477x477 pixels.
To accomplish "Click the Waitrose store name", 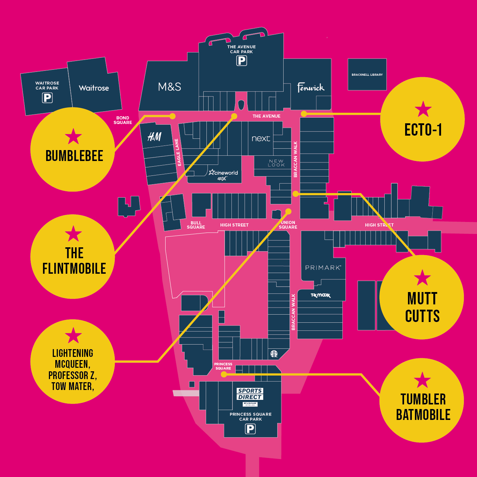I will click(94, 88).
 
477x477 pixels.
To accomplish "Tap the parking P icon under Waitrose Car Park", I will click(47, 98).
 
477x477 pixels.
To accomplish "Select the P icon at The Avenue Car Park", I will click(241, 61).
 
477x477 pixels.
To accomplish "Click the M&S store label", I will click(169, 87).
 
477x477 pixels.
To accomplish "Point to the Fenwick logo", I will click(310, 87).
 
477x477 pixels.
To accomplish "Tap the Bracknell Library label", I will click(367, 75).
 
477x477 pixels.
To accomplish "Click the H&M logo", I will click(154, 137).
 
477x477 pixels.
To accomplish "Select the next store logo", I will click(261, 139).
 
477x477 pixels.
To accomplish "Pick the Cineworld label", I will click(223, 173).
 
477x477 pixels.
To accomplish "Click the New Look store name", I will click(276, 163).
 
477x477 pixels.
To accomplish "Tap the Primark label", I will click(323, 268).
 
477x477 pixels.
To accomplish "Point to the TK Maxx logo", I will click(321, 295).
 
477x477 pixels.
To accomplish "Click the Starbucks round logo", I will click(274, 354).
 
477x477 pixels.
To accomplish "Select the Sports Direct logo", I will click(250, 394).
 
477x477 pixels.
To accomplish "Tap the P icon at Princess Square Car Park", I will click(250, 429).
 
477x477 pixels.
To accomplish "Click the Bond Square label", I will click(123, 120).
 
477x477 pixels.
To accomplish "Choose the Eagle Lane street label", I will click(178, 152).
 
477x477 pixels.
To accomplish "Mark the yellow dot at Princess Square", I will click(224, 374).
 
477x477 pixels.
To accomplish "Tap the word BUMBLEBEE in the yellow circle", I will click(74, 156).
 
